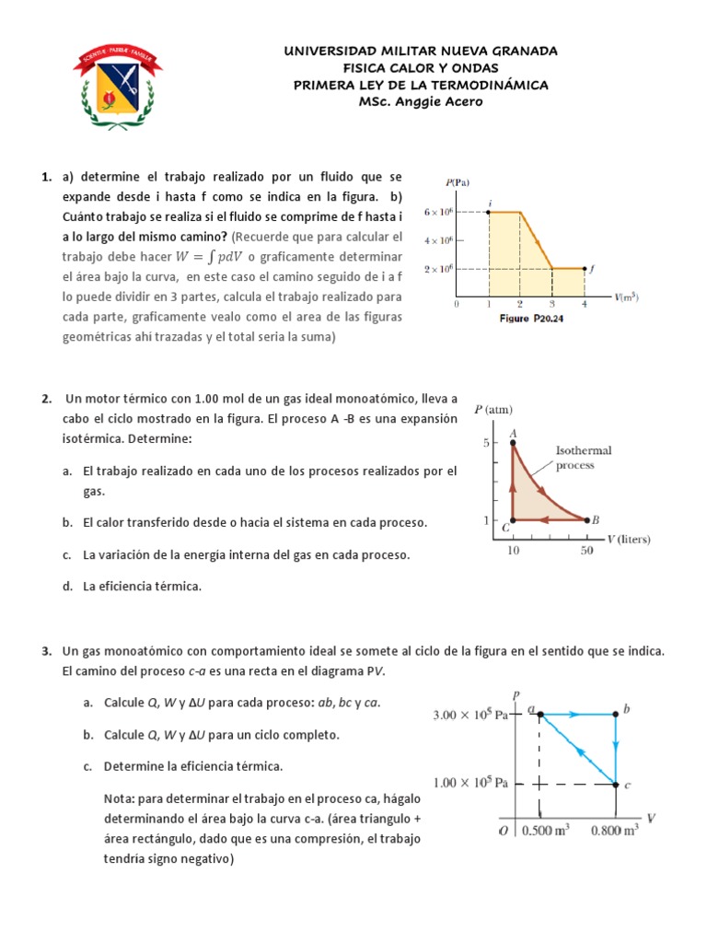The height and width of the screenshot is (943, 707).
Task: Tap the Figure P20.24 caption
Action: point(536,318)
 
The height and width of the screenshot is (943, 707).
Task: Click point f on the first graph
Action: point(585,269)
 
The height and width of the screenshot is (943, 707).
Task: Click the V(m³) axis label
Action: point(627,297)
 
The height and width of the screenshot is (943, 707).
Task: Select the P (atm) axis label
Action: point(493,409)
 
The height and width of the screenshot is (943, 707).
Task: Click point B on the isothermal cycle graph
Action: point(586,520)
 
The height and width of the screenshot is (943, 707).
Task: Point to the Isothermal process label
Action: point(584,458)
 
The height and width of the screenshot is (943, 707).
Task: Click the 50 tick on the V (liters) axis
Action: point(587,550)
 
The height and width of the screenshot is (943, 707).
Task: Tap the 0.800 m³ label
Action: point(615,829)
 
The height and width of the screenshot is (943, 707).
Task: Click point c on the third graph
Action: point(616,784)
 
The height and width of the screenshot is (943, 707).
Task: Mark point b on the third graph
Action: point(616,713)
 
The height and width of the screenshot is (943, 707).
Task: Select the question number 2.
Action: point(45,399)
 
